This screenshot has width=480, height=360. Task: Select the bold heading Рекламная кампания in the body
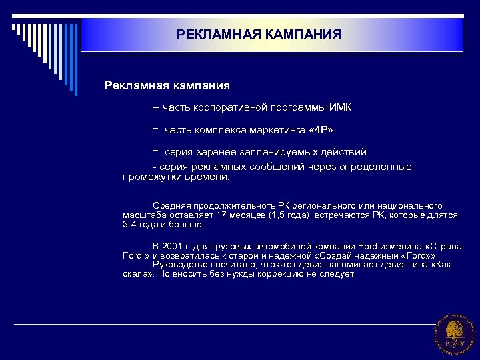click(x=167, y=85)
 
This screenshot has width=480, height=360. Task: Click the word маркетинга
click(x=263, y=129)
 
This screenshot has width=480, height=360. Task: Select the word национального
click(x=411, y=207)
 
